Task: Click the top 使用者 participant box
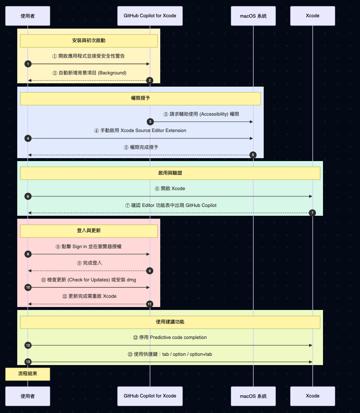28,16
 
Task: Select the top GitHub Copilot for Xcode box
150,16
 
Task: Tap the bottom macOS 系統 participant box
253,396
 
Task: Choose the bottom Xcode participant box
312,396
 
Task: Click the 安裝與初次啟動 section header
89,41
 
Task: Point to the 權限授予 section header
140,98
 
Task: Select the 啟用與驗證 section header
170,173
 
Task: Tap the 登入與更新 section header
89,231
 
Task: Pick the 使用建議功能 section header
170,322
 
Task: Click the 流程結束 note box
28,374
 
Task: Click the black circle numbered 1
28,64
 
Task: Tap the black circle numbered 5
253,155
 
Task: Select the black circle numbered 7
312,213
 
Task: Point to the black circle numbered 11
150,304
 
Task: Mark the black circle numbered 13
28,362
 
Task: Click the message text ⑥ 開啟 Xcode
170,188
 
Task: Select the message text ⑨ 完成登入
89,263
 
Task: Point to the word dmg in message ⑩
131,280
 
